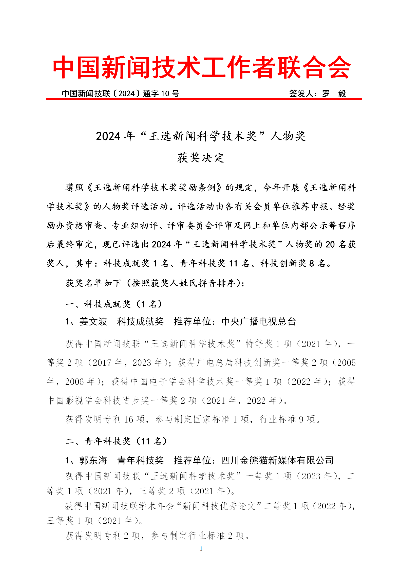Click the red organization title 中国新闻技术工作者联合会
(x=201, y=67)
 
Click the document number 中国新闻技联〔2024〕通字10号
(x=120, y=94)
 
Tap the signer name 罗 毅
(x=334, y=94)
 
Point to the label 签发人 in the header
(x=301, y=94)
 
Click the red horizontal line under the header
(x=204, y=99)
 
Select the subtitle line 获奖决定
(x=201, y=158)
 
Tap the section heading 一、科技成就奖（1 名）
(x=113, y=304)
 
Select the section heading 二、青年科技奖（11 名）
(x=116, y=441)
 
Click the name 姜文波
(x=93, y=321)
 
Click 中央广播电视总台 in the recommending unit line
(x=258, y=321)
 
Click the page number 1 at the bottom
(x=201, y=548)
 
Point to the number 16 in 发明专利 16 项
(x=128, y=419)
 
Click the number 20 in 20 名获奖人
(x=330, y=244)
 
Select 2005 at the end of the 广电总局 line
(x=346, y=363)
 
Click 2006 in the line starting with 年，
(x=74, y=382)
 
